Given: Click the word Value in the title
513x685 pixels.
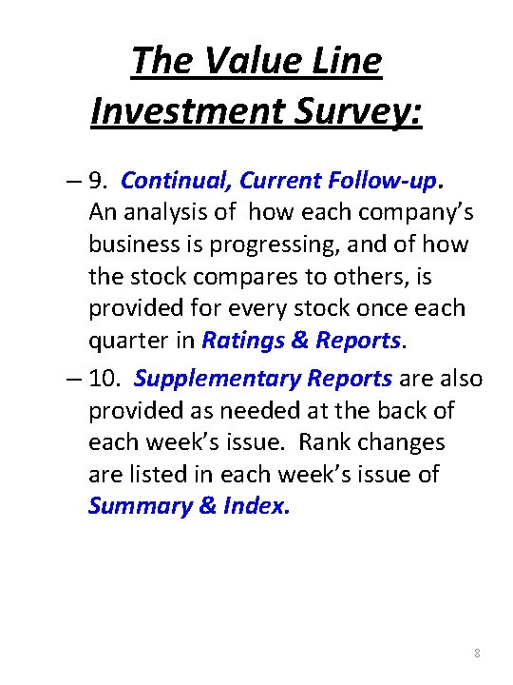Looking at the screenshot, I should [233, 61].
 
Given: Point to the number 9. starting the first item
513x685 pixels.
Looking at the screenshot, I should [101, 181].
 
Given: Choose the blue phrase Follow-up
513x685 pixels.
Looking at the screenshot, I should [386, 181].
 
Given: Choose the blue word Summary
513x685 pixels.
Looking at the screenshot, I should [139, 506].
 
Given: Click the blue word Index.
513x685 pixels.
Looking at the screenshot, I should [257, 506].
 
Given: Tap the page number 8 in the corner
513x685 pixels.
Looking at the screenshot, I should [476, 654].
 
